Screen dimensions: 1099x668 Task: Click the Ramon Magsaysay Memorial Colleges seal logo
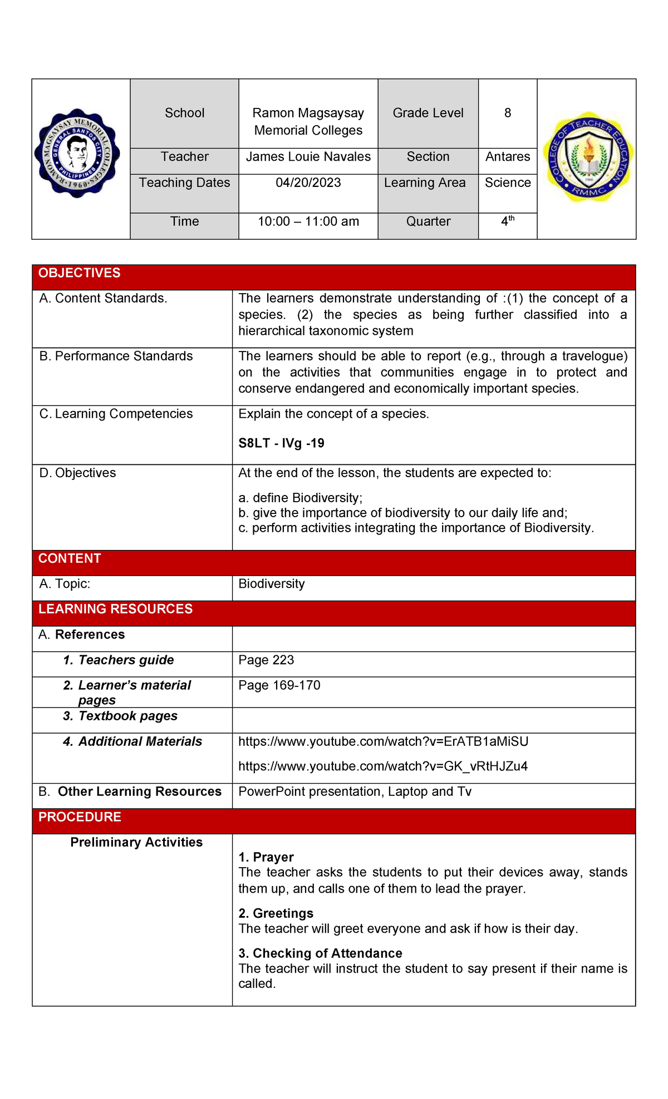pyautogui.click(x=77, y=152)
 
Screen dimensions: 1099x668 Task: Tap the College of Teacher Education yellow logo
pyautogui.click(x=588, y=156)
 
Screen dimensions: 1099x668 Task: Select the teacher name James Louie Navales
pyautogui.click(x=308, y=157)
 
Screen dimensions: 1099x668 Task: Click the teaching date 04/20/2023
pyautogui.click(x=308, y=183)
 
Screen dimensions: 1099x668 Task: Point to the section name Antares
pyautogui.click(x=507, y=157)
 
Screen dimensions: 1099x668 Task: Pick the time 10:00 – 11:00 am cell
pyautogui.click(x=308, y=221)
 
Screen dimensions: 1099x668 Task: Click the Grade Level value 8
pyautogui.click(x=507, y=113)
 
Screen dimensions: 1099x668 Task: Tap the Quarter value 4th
pyautogui.click(x=507, y=221)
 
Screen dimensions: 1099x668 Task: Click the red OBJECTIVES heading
pyautogui.click(x=80, y=273)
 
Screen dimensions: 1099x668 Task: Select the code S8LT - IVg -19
pyautogui.click(x=281, y=443)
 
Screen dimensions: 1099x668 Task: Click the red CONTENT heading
pyautogui.click(x=70, y=558)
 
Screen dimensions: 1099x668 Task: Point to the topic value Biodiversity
pyautogui.click(x=271, y=584)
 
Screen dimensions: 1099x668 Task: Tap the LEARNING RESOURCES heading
pyautogui.click(x=115, y=609)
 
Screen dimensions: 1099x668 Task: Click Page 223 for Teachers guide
pyautogui.click(x=266, y=660)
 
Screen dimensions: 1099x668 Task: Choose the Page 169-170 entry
pyautogui.click(x=279, y=685)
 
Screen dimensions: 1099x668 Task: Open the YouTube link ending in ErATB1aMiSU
pyautogui.click(x=383, y=741)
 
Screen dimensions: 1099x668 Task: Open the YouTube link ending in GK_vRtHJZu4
pyautogui.click(x=383, y=766)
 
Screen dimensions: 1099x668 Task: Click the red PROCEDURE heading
pyautogui.click(x=80, y=817)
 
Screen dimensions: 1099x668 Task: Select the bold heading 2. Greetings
pyautogui.click(x=276, y=913)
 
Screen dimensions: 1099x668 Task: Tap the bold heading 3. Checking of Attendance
pyautogui.click(x=320, y=953)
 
